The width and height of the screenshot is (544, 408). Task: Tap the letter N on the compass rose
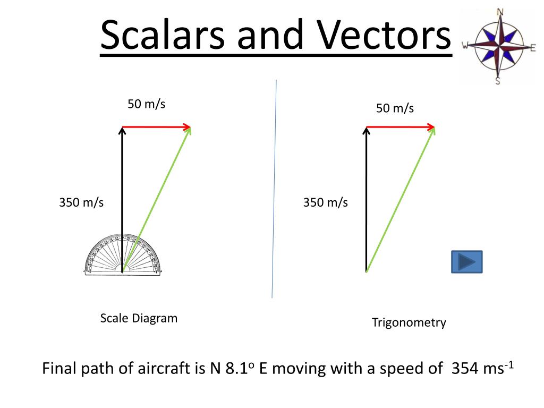[500, 12]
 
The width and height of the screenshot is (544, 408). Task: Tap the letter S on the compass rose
[498, 81]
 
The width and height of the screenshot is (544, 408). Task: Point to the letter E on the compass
[533, 48]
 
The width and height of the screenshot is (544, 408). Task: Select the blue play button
[466, 262]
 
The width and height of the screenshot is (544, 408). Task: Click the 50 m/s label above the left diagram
[146, 104]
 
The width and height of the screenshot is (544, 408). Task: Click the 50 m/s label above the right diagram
[395, 108]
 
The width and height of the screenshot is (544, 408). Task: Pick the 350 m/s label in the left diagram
[81, 202]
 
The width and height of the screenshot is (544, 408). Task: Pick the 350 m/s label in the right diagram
[325, 202]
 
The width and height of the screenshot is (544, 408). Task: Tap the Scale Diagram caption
[139, 318]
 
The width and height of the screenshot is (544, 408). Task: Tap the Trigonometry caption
[409, 322]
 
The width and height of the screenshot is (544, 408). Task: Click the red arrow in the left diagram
[156, 126]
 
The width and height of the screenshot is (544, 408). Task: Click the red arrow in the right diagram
[400, 126]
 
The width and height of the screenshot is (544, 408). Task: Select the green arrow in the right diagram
[399, 200]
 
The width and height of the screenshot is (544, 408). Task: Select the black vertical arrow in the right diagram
[366, 200]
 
